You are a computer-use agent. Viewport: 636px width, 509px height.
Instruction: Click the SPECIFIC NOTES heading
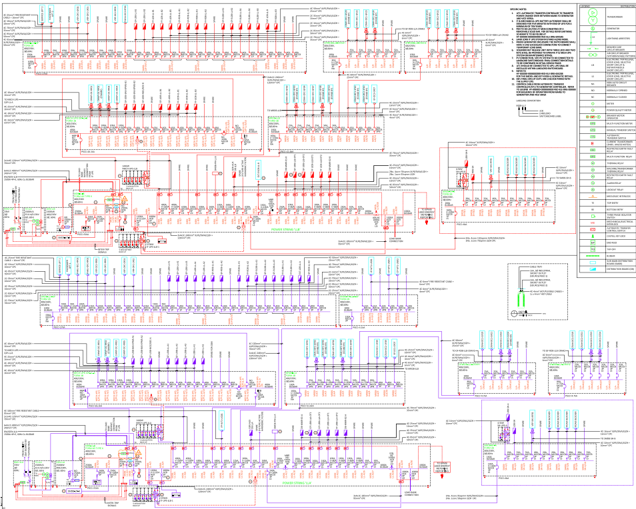[x=521, y=8]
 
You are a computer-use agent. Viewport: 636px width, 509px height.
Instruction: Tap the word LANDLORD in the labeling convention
[x=545, y=113]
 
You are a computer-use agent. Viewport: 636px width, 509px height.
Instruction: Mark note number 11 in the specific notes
[x=514, y=83]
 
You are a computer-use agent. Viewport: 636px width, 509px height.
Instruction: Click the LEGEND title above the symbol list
[x=585, y=5]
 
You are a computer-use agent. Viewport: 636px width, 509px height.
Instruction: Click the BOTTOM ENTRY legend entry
[x=612, y=210]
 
